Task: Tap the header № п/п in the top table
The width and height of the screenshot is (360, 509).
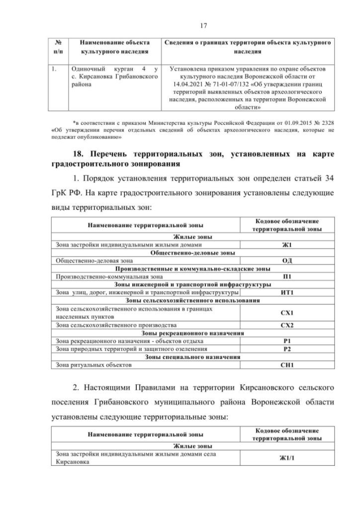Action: (x=58, y=47)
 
